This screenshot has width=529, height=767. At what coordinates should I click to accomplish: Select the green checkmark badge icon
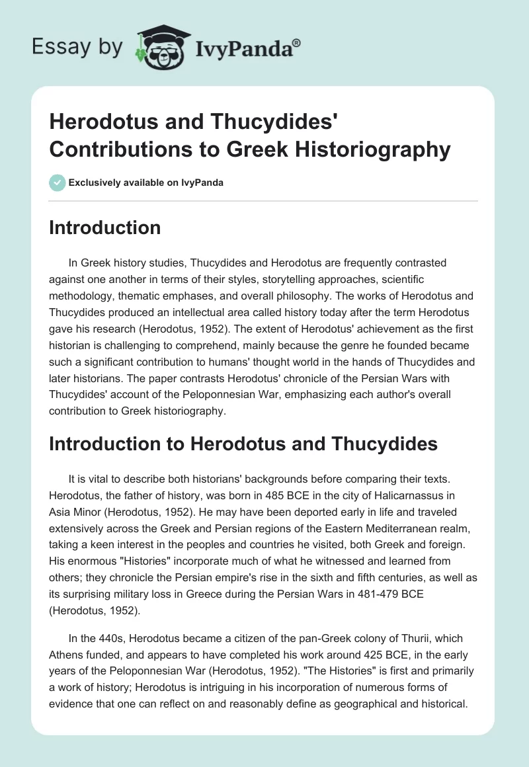[58, 182]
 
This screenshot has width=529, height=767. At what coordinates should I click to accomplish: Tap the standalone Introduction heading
[105, 228]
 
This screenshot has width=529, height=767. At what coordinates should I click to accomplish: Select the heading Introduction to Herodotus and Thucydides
[243, 444]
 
